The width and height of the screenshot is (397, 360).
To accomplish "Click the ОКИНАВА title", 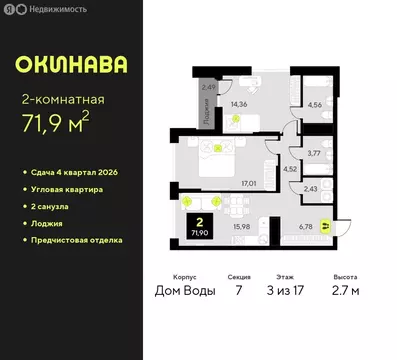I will pos(71,65).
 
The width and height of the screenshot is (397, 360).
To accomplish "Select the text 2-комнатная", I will pos(63,99).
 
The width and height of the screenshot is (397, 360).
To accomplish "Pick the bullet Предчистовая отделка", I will pos(84,240).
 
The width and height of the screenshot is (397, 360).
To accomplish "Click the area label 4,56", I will pos(315,103).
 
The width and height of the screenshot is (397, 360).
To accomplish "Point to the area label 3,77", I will pos(314,153).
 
